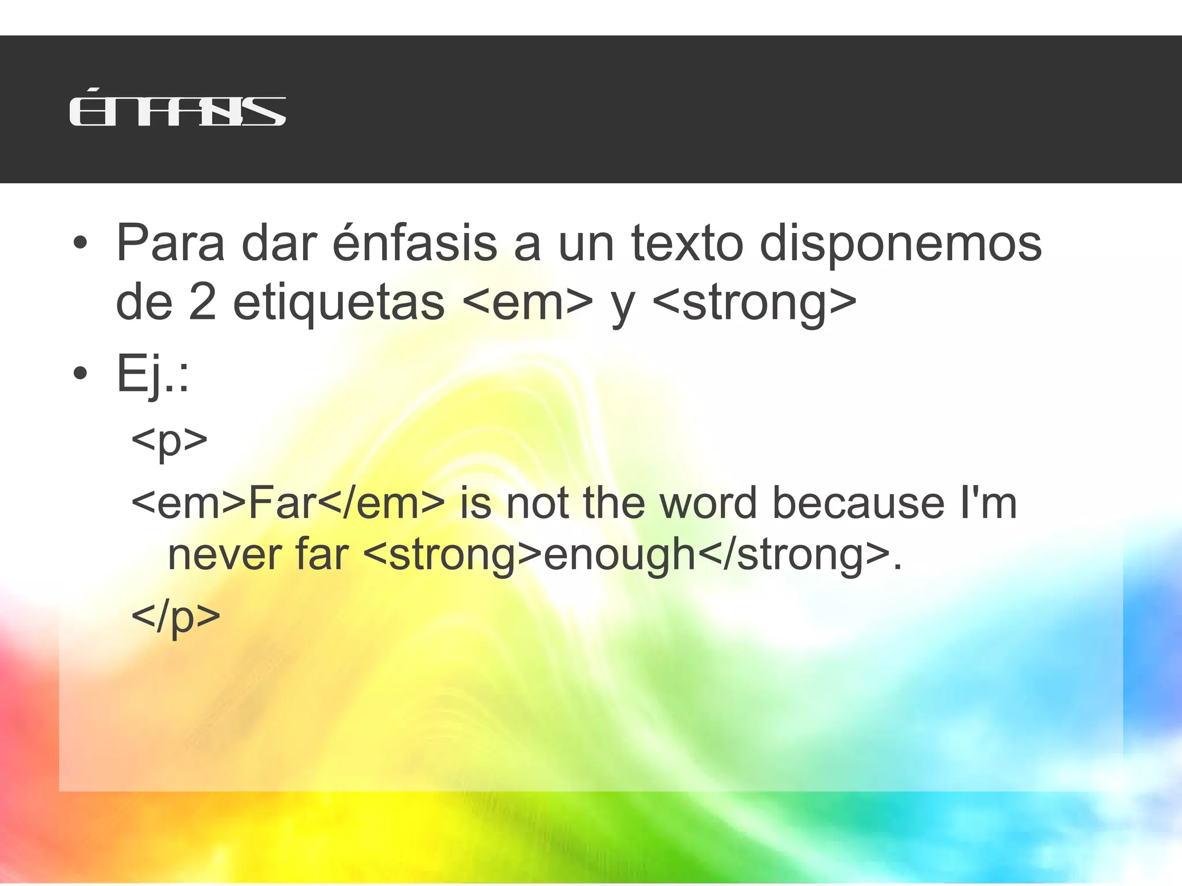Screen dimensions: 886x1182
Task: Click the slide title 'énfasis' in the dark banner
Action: pos(177,111)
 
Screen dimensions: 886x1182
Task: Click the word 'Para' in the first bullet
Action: pos(170,243)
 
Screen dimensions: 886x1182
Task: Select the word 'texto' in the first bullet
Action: pos(687,243)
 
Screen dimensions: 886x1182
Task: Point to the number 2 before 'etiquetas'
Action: pos(202,302)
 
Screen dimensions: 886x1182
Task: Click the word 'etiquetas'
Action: pos(339,302)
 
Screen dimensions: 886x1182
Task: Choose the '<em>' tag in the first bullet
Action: pos(528,302)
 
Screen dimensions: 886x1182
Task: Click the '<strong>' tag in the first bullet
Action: pos(754,303)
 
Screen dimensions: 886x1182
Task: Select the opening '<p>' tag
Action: pos(169,441)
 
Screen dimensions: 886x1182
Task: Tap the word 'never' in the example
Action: pos(223,555)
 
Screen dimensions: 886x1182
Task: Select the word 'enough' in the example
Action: pos(620,556)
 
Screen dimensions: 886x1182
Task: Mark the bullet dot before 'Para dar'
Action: pos(80,243)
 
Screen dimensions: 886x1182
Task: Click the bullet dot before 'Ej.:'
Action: pos(80,374)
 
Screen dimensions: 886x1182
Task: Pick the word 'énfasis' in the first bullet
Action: pos(414,242)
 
